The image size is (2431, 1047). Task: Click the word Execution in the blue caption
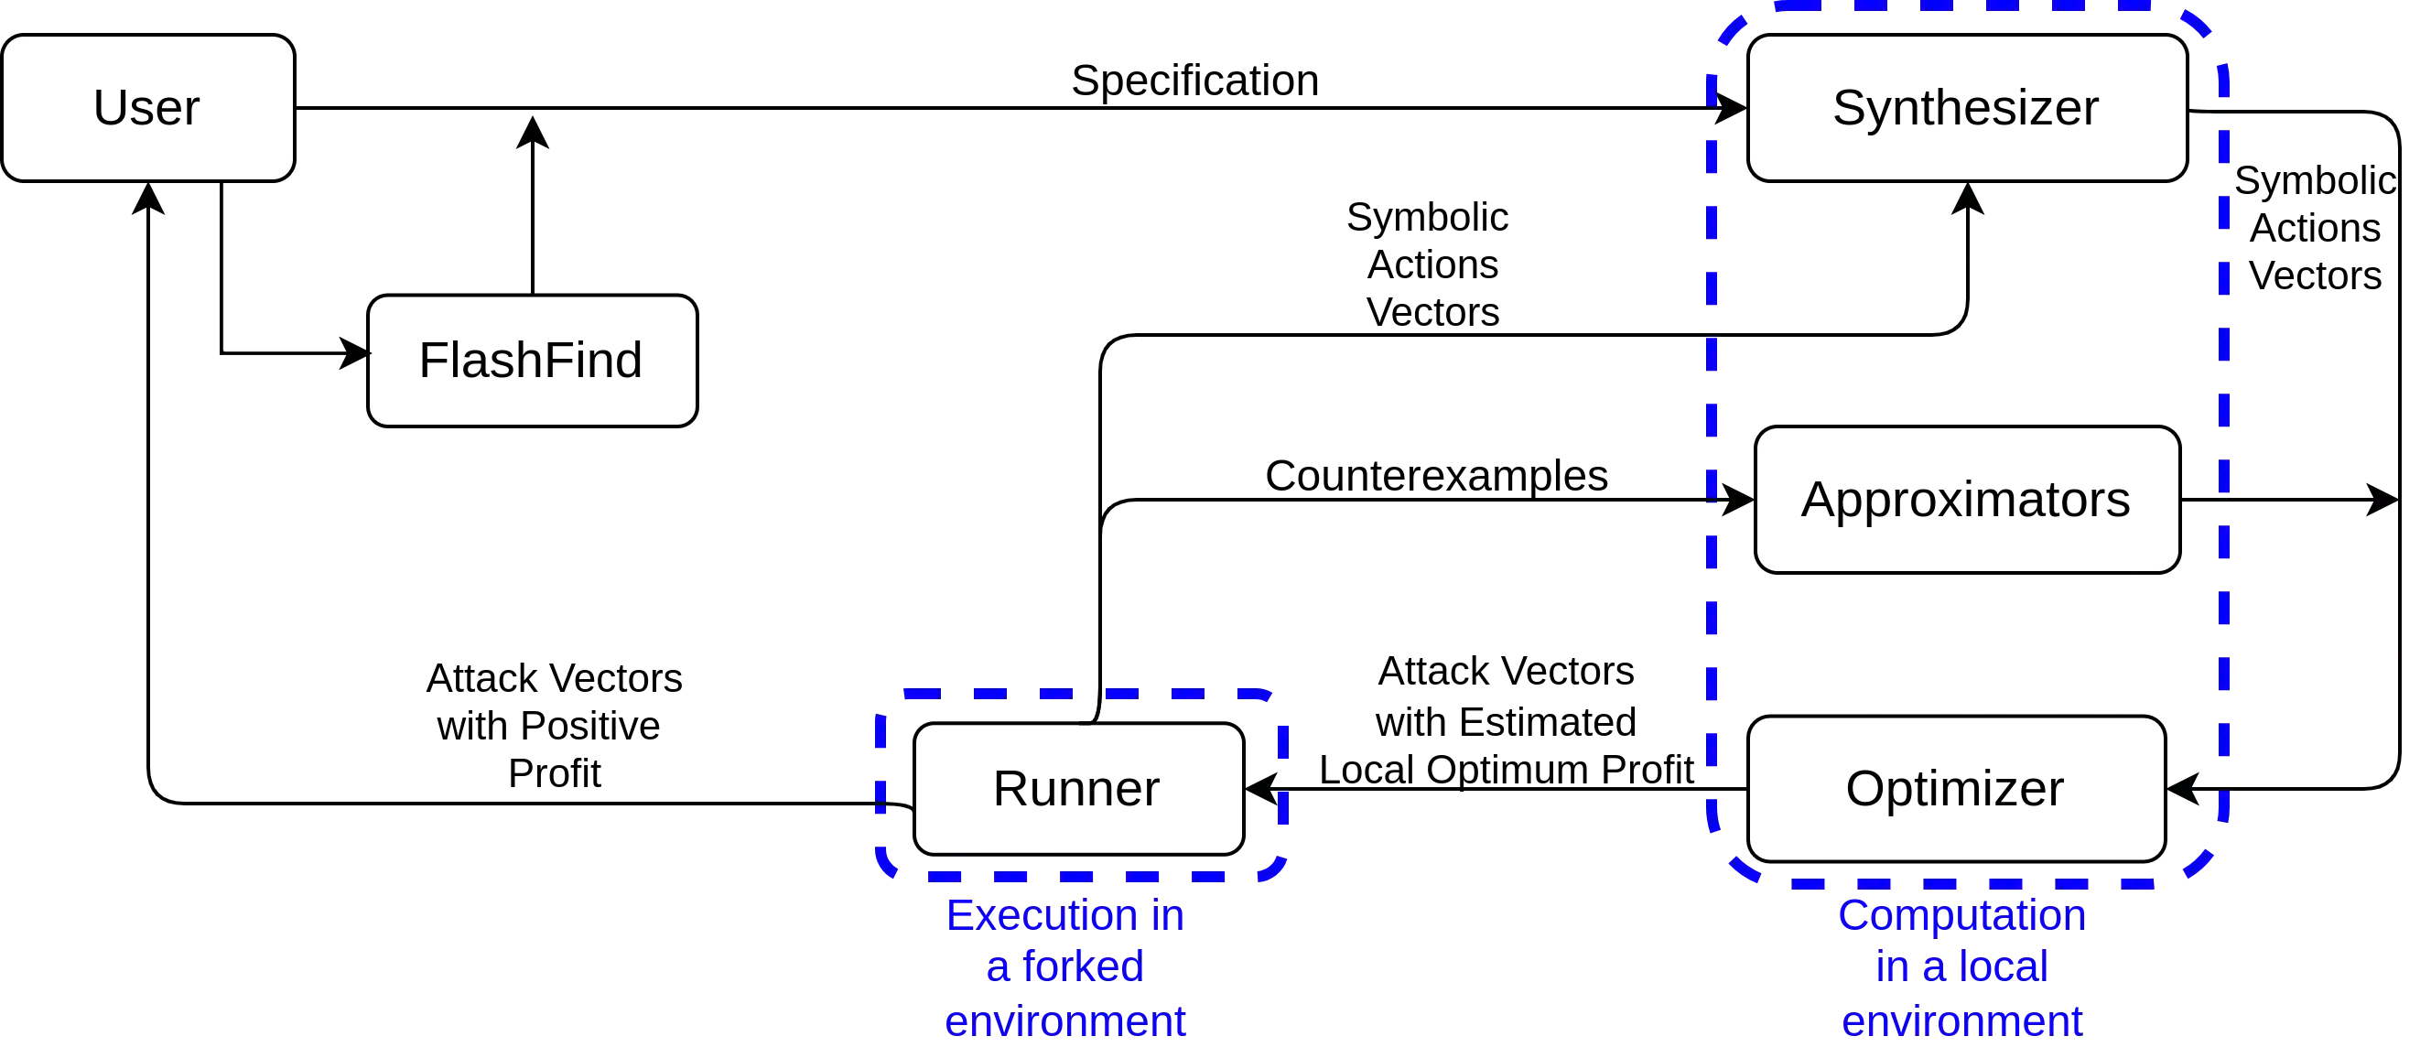pyautogui.click(x=1037, y=916)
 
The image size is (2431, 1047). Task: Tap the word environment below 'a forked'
pyautogui.click(x=1065, y=1021)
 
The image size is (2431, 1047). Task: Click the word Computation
pyautogui.click(x=1962, y=916)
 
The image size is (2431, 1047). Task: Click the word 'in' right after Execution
pyautogui.click(x=1166, y=916)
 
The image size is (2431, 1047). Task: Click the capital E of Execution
pyautogui.click(x=960, y=916)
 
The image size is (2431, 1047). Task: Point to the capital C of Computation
pyautogui.click(x=1853, y=916)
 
